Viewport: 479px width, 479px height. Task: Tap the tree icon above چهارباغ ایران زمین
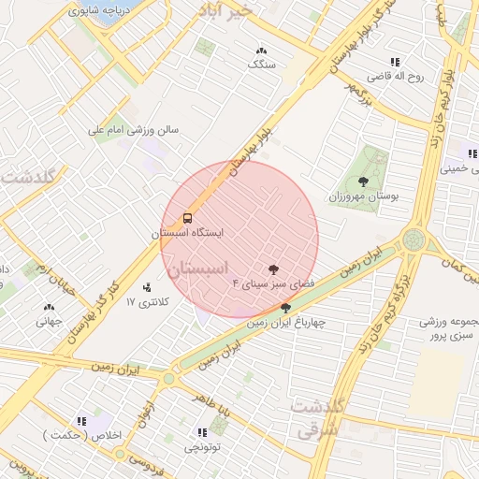pos(285,307)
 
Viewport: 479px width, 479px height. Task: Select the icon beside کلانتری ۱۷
pos(146,287)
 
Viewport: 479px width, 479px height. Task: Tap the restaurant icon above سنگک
pos(260,51)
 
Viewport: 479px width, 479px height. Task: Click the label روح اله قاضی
pos(395,77)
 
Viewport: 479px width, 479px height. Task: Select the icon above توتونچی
pos(201,432)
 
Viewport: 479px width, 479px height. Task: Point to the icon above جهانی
pos(49,307)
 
